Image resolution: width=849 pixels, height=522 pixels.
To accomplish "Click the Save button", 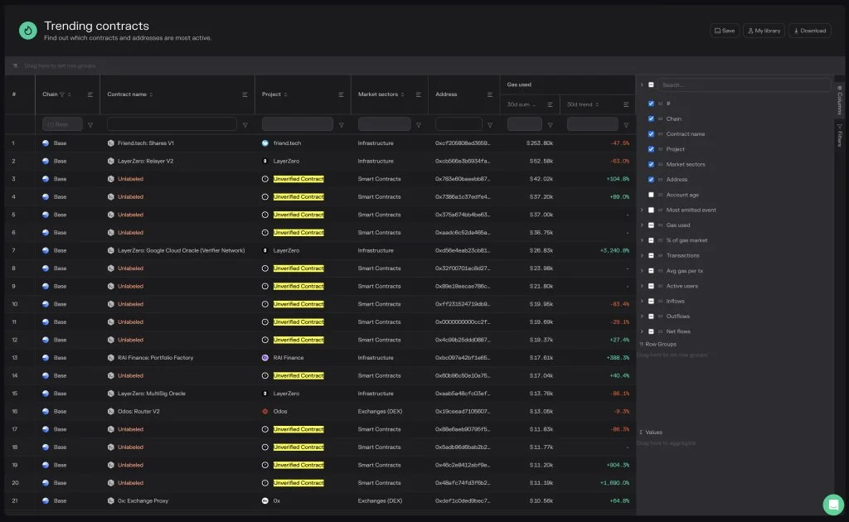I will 724,31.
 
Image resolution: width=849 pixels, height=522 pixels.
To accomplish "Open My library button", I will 763,31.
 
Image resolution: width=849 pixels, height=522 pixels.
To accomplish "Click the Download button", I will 809,31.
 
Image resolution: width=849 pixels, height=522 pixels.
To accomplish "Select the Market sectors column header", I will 377,94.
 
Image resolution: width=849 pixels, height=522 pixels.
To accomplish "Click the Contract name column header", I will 127,94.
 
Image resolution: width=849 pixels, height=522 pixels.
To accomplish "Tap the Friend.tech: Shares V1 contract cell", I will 146,143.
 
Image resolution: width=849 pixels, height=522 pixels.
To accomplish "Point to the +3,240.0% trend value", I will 609,250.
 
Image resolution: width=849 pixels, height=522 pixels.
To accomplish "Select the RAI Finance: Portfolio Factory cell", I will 155,358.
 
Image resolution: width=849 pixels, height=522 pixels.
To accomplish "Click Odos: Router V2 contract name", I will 138,412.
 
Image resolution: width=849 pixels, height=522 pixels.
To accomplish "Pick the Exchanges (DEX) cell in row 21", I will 380,500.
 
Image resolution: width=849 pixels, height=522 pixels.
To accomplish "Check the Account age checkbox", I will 652,195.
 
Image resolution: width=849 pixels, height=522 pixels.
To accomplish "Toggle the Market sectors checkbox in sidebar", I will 652,164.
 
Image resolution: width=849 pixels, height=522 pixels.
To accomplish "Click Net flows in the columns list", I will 678,331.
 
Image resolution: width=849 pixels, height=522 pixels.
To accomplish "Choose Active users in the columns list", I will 682,286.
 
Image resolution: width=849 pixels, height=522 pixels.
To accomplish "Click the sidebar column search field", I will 743,85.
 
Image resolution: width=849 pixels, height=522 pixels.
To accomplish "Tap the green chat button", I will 832,505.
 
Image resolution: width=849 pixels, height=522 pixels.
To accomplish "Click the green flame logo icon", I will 28,31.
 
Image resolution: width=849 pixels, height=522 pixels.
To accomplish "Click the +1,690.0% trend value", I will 609,483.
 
